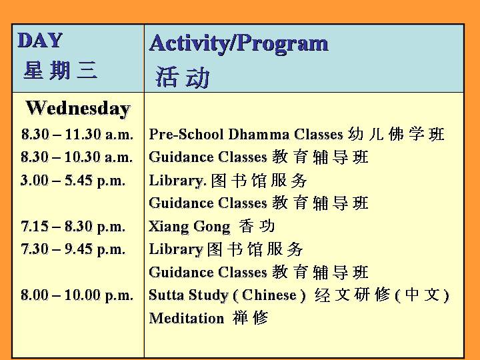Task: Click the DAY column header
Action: coord(40,40)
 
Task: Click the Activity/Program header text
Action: coord(239,44)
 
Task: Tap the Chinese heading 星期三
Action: coord(60,70)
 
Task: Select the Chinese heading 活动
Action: coord(183,77)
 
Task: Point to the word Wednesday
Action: coord(78,109)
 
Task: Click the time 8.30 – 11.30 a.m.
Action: coord(77,135)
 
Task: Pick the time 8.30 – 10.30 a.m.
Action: coord(77,157)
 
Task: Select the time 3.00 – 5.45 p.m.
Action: coord(73,181)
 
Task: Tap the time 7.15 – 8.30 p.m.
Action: coord(73,227)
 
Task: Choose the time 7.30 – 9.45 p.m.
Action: coord(73,249)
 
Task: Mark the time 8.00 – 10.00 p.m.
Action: coord(77,295)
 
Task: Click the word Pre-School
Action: coord(187,135)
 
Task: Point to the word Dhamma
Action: coord(259,135)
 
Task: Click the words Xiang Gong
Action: coord(189,227)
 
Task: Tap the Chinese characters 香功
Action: coord(257,226)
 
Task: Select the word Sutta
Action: coord(167,295)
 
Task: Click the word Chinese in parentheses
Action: coord(269,295)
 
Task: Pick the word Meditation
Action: coord(187,318)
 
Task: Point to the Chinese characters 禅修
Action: coord(250,317)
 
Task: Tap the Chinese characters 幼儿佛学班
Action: coord(396,134)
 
